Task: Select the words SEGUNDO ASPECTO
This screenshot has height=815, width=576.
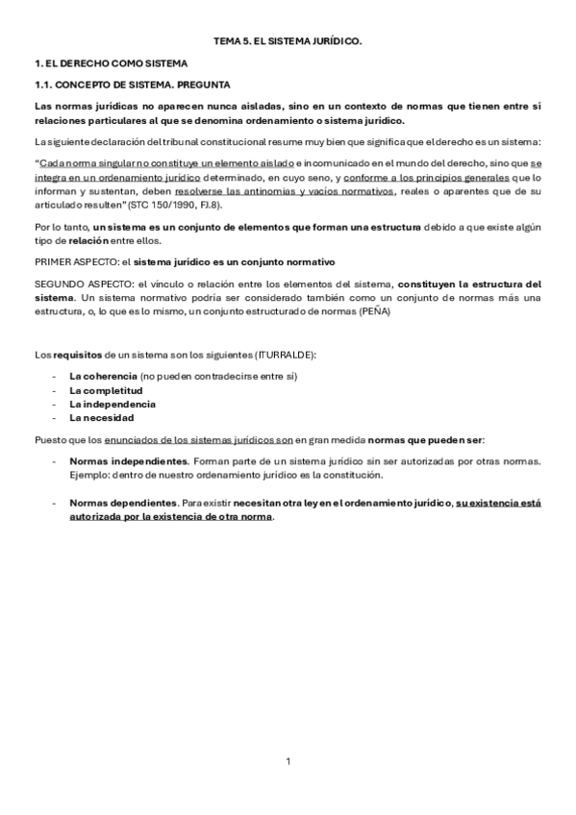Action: (76, 284)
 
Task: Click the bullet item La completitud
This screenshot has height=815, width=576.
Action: (106, 390)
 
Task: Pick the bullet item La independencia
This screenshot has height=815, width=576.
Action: (113, 404)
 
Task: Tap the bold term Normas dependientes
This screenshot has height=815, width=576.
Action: (124, 503)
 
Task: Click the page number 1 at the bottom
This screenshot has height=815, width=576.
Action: (288, 762)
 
